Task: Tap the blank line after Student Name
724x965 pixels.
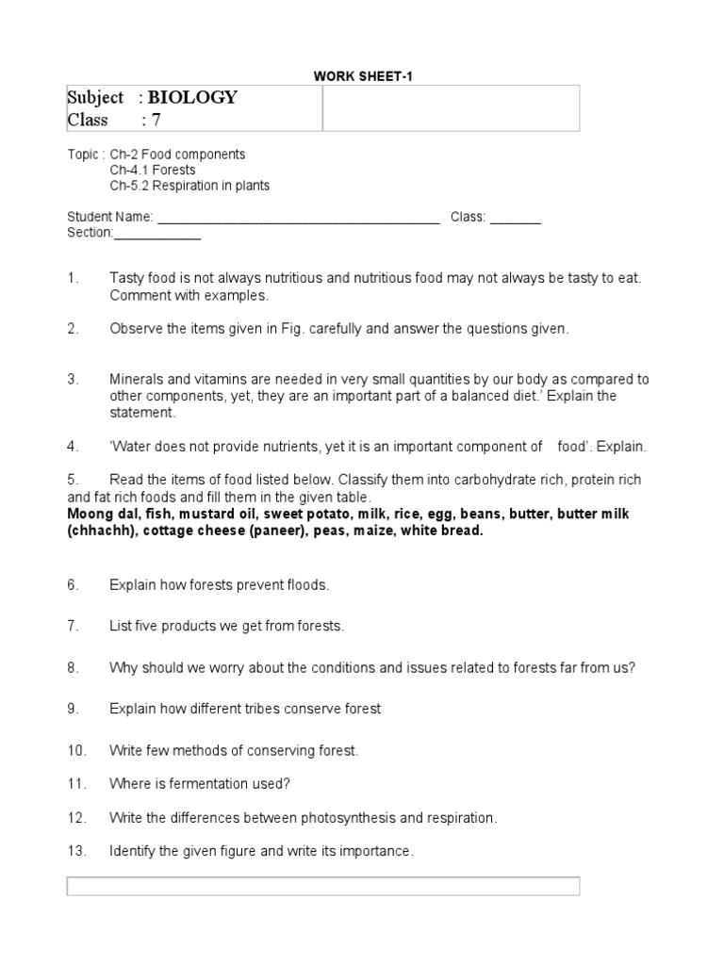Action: pos(298,218)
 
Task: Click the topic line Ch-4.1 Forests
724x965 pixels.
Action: pos(152,170)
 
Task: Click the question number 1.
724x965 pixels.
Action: pos(72,278)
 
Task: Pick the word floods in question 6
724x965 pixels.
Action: pos(308,584)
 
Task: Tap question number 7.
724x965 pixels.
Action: pos(72,626)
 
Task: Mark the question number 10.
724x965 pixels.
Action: pos(76,750)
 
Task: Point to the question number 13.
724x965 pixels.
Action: pos(76,851)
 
